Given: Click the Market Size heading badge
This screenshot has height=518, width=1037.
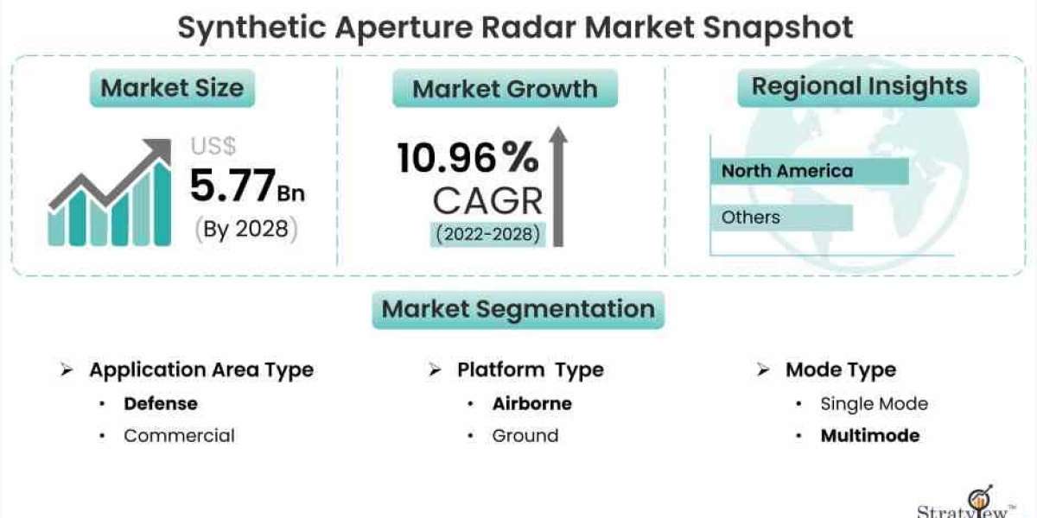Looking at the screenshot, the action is pyautogui.click(x=172, y=88).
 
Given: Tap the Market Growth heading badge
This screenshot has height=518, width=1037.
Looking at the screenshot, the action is pyautogui.click(x=505, y=88).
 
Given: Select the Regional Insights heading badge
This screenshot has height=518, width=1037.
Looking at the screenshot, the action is pyautogui.click(x=858, y=87).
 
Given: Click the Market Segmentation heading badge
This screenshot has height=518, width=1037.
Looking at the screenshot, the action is pyautogui.click(x=518, y=309).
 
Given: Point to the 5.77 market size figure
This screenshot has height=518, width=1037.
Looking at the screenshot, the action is pyautogui.click(x=232, y=186).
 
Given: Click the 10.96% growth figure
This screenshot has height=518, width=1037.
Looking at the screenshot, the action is pyautogui.click(x=468, y=158).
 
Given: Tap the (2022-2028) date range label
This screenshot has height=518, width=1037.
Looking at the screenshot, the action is pyautogui.click(x=487, y=235).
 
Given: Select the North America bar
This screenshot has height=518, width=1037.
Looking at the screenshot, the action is pyautogui.click(x=810, y=171).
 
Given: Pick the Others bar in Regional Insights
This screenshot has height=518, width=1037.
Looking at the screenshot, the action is pyautogui.click(x=782, y=218).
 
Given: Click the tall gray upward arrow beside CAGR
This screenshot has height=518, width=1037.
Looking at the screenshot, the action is pyautogui.click(x=558, y=186).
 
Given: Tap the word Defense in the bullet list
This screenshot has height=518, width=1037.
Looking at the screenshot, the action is pyautogui.click(x=161, y=404).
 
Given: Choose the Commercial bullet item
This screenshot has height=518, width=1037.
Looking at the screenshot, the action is pyautogui.click(x=179, y=436).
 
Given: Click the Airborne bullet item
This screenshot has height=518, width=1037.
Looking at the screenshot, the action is pyautogui.click(x=532, y=404).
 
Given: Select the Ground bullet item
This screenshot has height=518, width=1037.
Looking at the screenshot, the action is pyautogui.click(x=525, y=436).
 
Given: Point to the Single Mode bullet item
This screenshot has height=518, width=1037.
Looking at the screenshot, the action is pyautogui.click(x=874, y=404).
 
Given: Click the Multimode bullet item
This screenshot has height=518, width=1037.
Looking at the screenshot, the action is pyautogui.click(x=870, y=436).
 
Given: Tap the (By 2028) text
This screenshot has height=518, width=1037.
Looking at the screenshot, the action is pyautogui.click(x=245, y=229).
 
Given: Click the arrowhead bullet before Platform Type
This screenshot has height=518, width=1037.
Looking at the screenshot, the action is pyautogui.click(x=435, y=370).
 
